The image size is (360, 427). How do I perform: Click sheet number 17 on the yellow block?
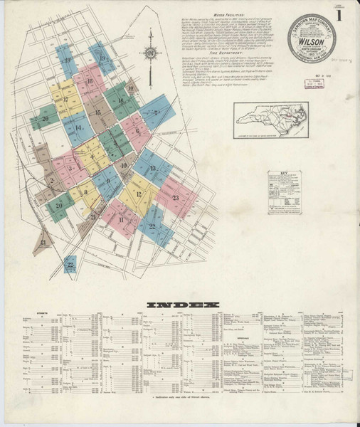pyautogui.click(x=65, y=100)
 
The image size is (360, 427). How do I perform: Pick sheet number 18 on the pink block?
pyautogui.click(x=92, y=82)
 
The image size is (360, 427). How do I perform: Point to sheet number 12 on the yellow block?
pyautogui.click(x=139, y=194)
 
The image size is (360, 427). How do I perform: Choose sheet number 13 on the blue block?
pyautogui.click(x=153, y=168)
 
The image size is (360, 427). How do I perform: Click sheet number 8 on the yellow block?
pyautogui.click(x=86, y=191)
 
